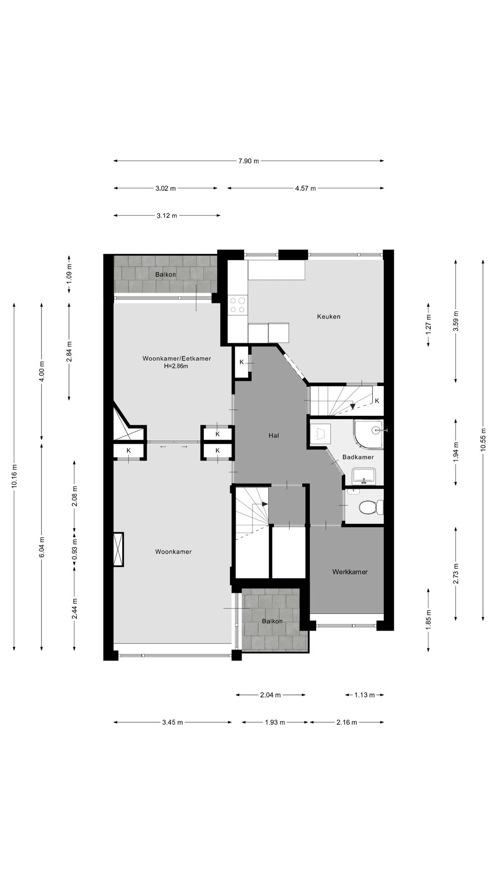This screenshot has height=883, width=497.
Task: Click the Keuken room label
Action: point(329,316)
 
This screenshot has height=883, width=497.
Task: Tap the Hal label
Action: point(275,435)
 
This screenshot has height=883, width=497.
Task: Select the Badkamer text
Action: point(358,457)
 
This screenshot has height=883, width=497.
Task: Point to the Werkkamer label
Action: point(350,572)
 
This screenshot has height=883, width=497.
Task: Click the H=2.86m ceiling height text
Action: point(176,367)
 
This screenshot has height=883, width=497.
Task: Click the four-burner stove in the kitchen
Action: point(238,304)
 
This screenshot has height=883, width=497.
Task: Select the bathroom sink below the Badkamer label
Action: point(364,476)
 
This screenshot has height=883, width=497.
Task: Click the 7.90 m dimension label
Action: point(248,161)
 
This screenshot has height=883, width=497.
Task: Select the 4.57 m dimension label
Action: point(306,188)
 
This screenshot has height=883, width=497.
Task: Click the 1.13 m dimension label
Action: point(364,695)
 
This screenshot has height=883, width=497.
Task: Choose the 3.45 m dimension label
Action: point(173,722)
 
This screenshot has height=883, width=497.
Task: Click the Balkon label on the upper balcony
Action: point(165,275)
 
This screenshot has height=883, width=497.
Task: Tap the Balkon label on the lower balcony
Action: point(272,621)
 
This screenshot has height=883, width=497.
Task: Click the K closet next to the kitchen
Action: point(242,362)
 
